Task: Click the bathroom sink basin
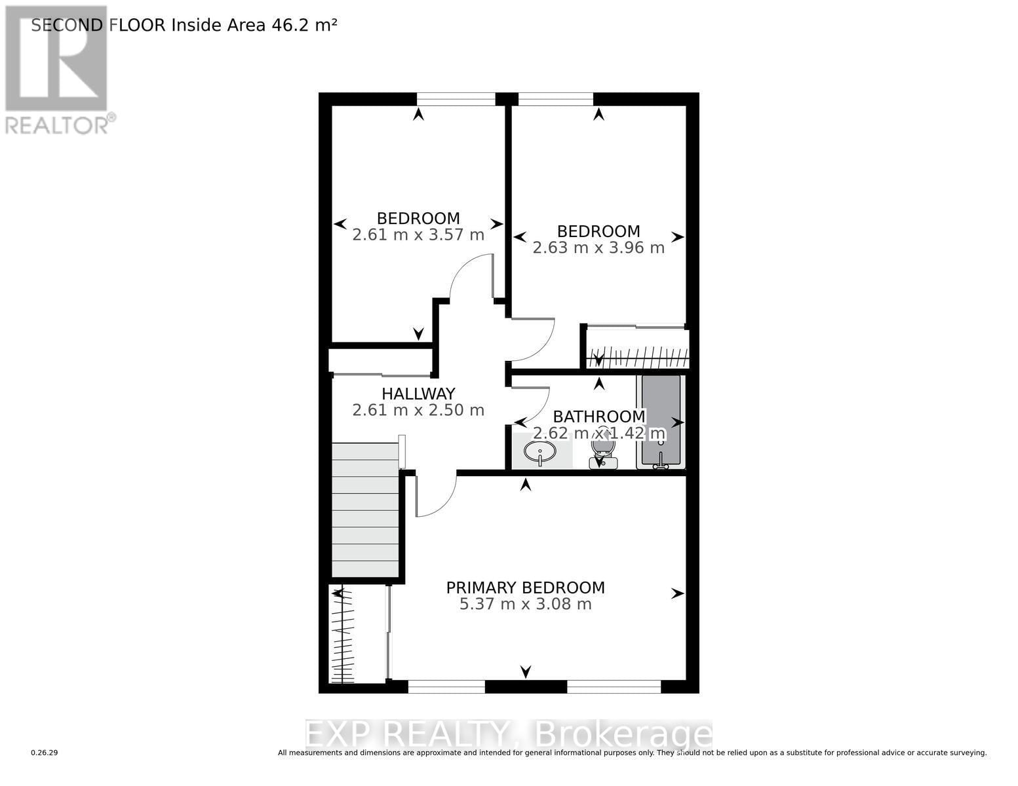[540, 451]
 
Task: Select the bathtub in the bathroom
[660, 421]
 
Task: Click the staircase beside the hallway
[365, 510]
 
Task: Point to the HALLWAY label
[418, 394]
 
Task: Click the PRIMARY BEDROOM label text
[525, 588]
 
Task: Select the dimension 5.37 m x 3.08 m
[525, 604]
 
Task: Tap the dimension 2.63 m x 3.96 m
[598, 248]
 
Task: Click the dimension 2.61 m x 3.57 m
[418, 235]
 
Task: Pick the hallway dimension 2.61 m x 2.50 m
[418, 411]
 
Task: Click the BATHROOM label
[599, 417]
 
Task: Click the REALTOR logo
[58, 69]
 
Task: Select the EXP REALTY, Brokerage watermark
[509, 734]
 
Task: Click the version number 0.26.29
[45, 753]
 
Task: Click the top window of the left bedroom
[456, 99]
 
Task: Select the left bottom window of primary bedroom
[446, 686]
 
